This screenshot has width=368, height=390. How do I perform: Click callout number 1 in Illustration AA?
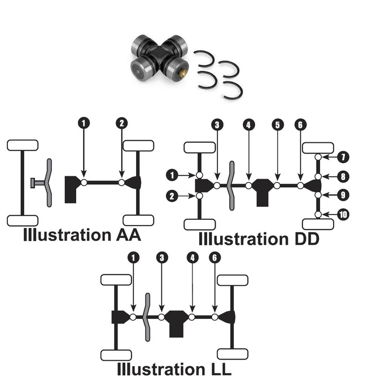pyautogui.click(x=84, y=122)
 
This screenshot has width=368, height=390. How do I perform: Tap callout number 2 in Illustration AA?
pyautogui.click(x=122, y=122)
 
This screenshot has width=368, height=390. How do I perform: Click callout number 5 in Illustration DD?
pyautogui.click(x=277, y=125)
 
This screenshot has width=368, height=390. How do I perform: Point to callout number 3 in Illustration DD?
pyautogui.click(x=217, y=125)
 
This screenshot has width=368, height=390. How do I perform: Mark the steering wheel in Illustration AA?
pyautogui.click(x=49, y=182)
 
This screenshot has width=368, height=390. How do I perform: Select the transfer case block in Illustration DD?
pyautogui.click(x=263, y=191)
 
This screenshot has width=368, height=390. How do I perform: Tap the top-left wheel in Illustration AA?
pyautogui.click(x=23, y=145)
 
